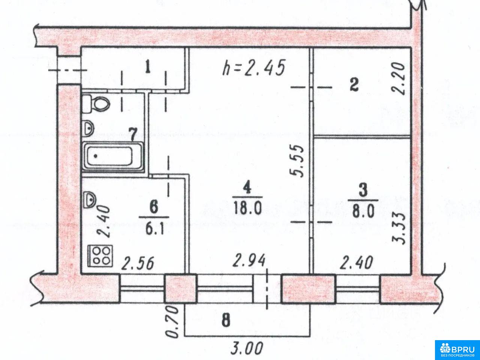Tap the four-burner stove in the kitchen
(x=100, y=256)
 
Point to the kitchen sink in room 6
(x=89, y=200)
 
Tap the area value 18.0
(x=247, y=208)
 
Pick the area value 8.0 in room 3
(x=363, y=211)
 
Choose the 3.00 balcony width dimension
(x=247, y=348)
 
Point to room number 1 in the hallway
(x=148, y=67)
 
